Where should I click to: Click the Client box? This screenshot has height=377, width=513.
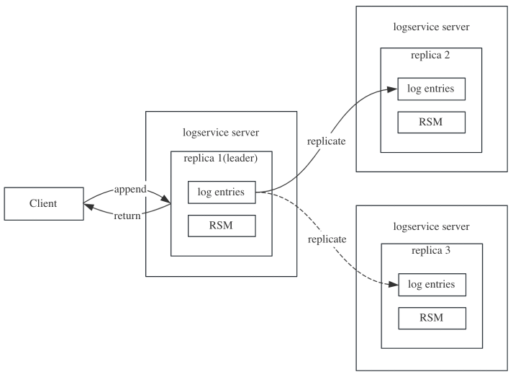43,204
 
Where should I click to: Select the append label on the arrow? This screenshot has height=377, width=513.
130,190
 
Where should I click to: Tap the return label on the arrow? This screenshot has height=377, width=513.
127,215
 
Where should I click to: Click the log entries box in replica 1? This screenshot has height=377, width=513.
222,192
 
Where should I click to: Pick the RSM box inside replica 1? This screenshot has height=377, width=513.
222,226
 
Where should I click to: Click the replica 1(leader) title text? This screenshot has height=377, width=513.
222,159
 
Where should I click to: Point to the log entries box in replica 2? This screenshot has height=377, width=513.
431,89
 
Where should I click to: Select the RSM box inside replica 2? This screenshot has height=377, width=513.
431,122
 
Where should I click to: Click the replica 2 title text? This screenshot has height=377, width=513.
431,55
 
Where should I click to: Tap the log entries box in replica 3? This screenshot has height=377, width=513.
431,284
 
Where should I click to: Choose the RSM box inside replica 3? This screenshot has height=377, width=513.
431,318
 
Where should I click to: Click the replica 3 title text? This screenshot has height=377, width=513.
431,251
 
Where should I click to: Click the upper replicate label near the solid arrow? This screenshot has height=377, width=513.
327,141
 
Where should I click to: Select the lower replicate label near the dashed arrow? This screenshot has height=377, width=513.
327,239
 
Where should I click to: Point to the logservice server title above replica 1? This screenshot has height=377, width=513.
222,133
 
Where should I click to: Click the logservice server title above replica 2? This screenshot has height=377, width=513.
431,27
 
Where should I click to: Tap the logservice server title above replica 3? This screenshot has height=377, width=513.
431,226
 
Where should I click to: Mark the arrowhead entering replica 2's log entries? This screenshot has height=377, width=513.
392,89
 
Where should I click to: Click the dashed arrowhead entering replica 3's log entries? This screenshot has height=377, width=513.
392,285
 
